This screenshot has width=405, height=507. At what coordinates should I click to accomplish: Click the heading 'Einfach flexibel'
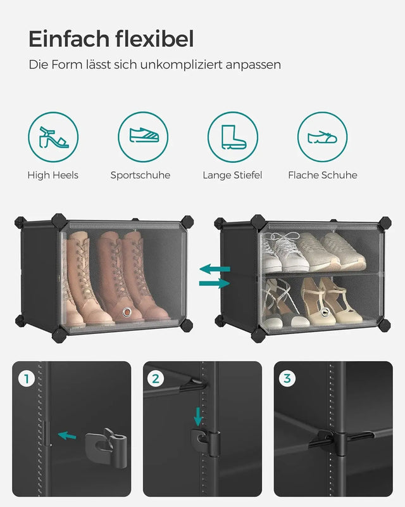[111, 39]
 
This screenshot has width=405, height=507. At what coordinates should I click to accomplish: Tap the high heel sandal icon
[53, 137]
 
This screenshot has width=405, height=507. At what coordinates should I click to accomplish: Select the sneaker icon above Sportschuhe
[143, 137]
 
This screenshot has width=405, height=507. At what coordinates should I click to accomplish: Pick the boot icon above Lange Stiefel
[232, 137]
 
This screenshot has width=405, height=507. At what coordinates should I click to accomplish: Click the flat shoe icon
[322, 137]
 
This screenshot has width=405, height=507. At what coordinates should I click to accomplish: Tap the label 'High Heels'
[53, 175]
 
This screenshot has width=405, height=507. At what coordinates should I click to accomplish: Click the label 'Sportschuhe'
[140, 175]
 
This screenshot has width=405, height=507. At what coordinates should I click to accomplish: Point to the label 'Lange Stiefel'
[232, 175]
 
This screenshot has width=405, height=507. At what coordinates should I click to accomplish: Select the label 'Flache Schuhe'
[322, 175]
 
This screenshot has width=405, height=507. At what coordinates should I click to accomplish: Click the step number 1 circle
[27, 379]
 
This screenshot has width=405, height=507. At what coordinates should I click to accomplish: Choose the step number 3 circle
[288, 379]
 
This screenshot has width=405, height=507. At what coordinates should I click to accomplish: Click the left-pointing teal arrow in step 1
[66, 435]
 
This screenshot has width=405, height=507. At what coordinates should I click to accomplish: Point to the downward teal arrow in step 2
[199, 416]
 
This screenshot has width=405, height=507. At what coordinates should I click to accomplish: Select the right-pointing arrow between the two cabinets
[215, 283]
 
